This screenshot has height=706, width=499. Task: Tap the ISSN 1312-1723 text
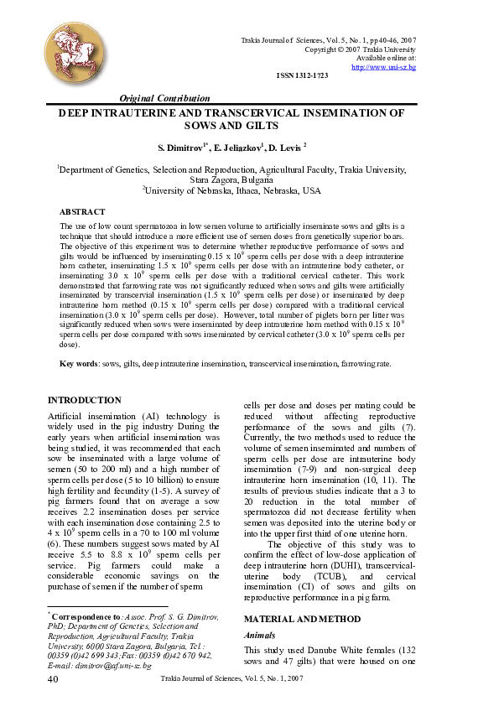[x=302, y=76]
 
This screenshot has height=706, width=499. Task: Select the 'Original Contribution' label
[x=165, y=98]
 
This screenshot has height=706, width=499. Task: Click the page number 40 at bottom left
[x=53, y=677]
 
